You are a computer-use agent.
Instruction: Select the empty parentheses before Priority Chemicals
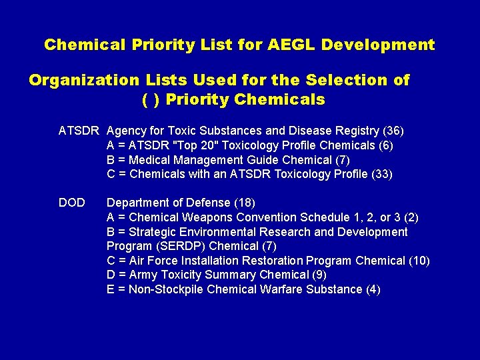[x=151, y=100]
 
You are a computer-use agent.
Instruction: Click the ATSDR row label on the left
[x=79, y=131]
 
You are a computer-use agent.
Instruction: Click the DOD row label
[x=72, y=203]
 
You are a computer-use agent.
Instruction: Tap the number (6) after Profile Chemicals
[x=386, y=145]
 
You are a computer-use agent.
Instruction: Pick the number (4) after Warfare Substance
[x=373, y=290]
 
